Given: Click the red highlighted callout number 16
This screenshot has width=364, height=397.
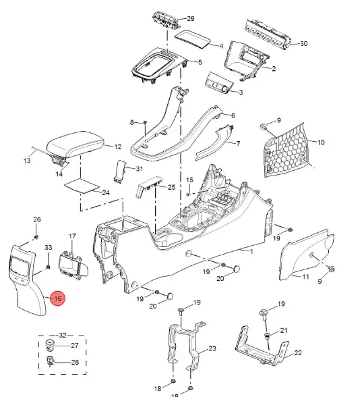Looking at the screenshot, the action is point(58,298).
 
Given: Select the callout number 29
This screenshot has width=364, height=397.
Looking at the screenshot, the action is point(191,18).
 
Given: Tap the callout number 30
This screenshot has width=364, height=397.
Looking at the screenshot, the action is point(303,43).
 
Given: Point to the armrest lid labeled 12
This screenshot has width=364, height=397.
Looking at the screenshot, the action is point(75,144).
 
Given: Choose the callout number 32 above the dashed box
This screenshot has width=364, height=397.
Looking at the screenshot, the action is point(63,335).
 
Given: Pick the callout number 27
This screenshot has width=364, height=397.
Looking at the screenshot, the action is point(75,346).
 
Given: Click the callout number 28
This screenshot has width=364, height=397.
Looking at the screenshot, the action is point(75,362).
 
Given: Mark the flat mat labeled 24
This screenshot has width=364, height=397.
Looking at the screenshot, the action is point(82,186).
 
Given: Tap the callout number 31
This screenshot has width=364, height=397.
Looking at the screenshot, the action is point(140,169).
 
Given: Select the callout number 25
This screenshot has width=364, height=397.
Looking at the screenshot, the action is point(171,187).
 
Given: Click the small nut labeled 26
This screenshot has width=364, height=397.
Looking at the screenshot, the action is point(36,237).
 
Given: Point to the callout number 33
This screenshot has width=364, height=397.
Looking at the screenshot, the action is point(49,247).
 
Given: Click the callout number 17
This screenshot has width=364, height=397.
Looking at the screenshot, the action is point(72,236).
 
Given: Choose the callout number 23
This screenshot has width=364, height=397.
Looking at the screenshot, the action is point(212,348).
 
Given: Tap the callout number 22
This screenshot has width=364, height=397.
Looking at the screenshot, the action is point(298,352).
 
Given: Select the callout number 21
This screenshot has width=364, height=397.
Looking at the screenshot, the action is point(284,330).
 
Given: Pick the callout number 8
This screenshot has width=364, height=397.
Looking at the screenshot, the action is point(132,123).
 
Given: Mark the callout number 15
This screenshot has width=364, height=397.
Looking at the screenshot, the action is point(189,180).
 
